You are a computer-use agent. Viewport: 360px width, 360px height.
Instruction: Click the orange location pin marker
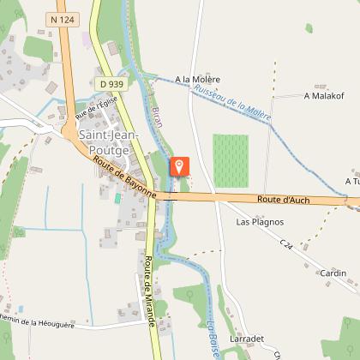pyautogui.click(x=179, y=165)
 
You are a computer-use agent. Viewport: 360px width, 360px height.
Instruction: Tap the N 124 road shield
pyautogui.click(x=62, y=18)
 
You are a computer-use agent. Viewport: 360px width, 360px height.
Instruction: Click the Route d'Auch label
pyautogui.click(x=282, y=200)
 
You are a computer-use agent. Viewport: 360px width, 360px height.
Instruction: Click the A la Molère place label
pyautogui.click(x=197, y=79)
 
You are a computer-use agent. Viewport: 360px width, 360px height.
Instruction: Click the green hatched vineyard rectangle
pyautogui.click(x=231, y=160)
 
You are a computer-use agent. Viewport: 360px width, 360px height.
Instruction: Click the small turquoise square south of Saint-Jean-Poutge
pyautogui.click(x=117, y=198)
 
